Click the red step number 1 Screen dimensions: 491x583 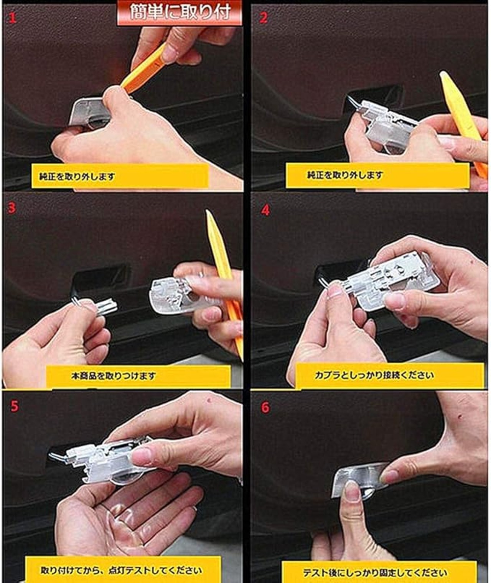point(13,18)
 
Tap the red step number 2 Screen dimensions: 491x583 point(263,18)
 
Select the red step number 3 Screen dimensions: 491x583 point(12,208)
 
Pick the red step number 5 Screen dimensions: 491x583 point(15,406)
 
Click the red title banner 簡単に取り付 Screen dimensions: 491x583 point(180,13)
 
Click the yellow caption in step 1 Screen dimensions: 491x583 point(120,176)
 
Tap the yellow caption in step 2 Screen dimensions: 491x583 point(378,175)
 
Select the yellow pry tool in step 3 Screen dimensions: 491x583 point(223,282)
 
